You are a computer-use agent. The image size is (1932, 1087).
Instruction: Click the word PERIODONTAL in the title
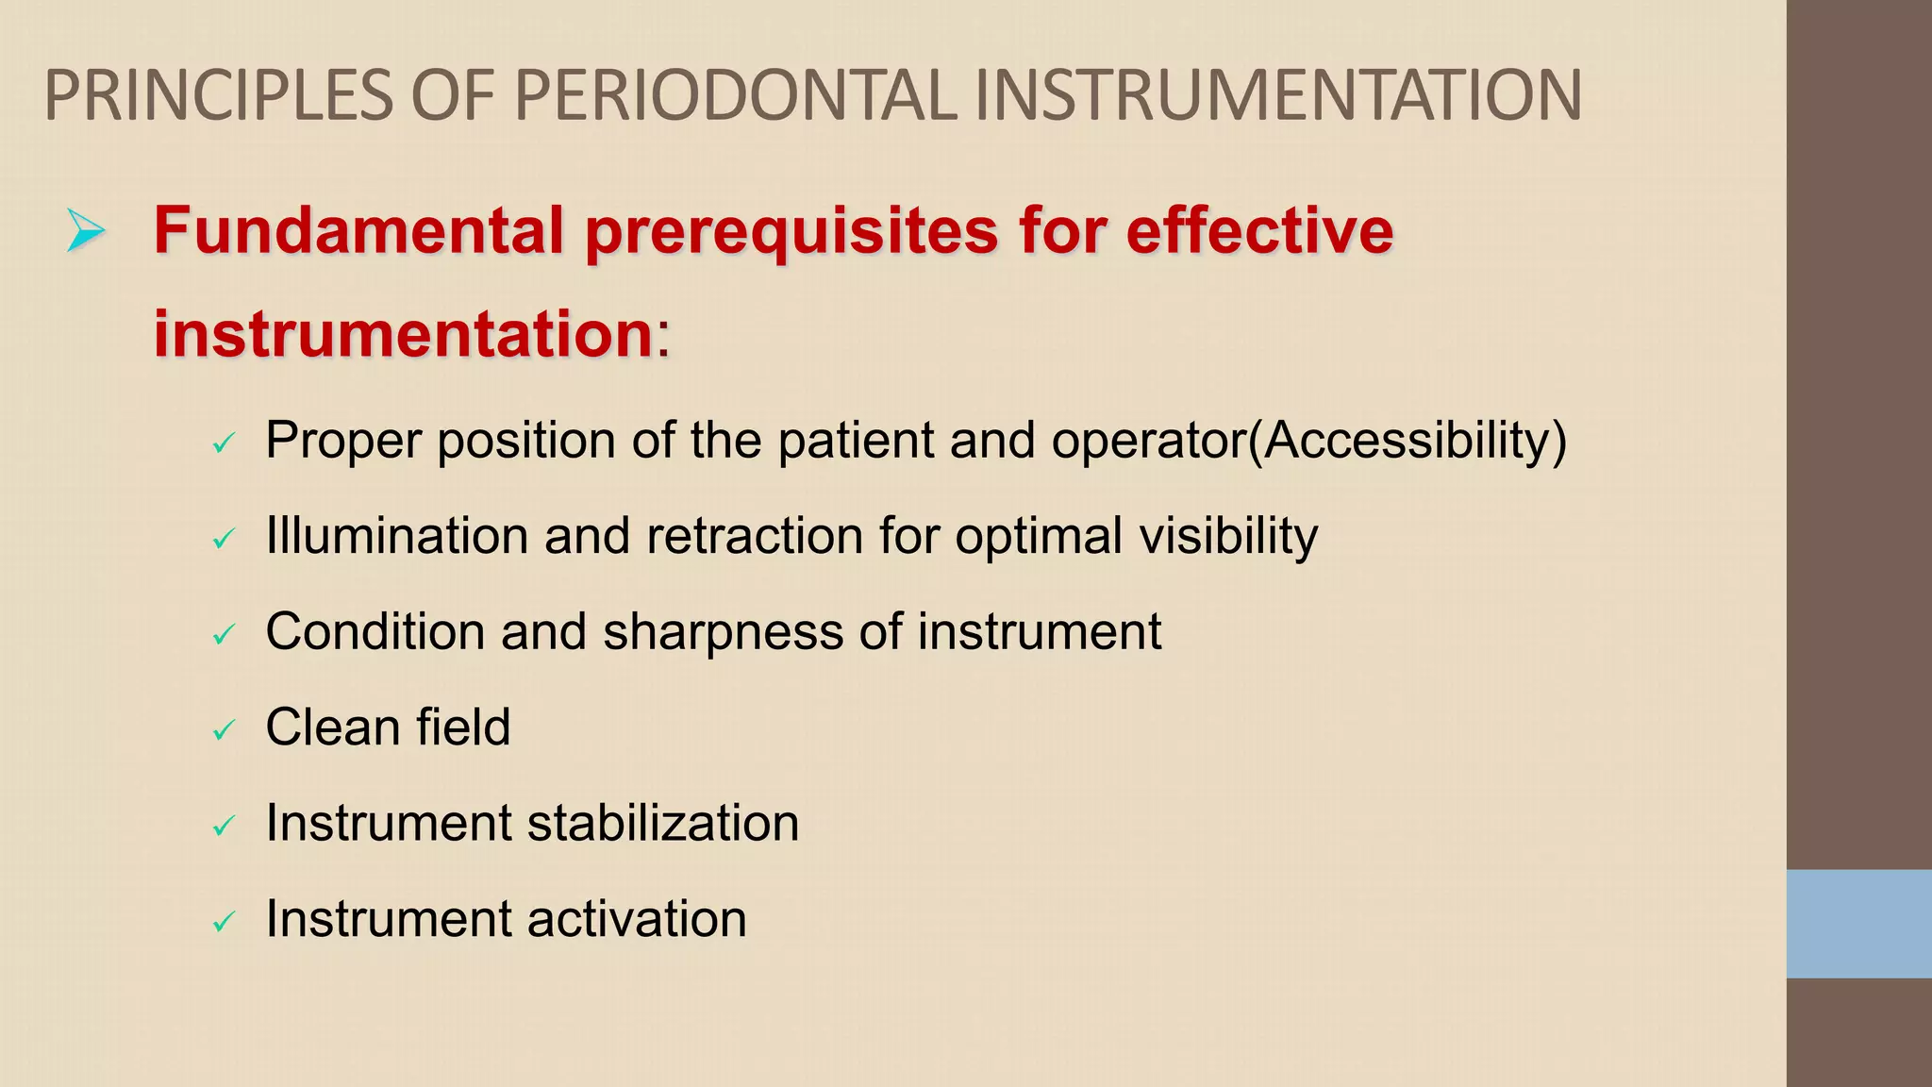coord(735,95)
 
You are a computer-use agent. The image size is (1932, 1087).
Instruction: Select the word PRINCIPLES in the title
coord(218,95)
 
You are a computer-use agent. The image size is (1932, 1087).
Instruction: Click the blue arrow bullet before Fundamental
coord(85,231)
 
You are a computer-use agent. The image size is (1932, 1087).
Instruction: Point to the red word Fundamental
coord(358,230)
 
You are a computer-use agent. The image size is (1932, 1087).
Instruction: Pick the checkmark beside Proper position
coord(224,443)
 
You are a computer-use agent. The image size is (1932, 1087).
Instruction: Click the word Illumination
coord(396,536)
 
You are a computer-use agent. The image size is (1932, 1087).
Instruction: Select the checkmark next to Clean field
coord(224,729)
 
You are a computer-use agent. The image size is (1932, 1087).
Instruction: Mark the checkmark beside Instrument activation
coord(224,921)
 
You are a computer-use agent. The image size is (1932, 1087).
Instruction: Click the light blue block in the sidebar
coord(1858,924)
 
